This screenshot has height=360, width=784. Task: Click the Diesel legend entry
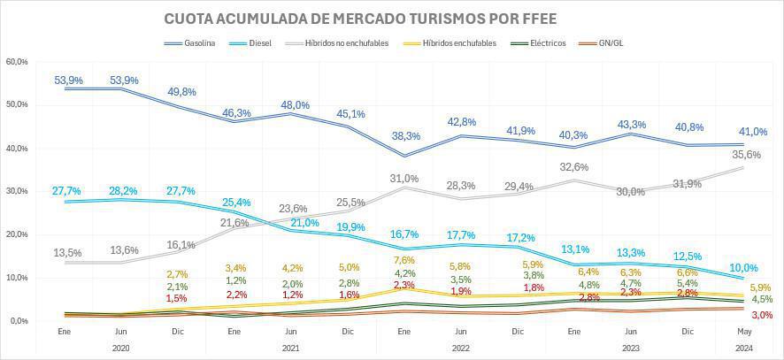[258, 42]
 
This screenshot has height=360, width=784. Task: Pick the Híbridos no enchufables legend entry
[346, 42]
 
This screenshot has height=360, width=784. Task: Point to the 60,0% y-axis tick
[17, 61]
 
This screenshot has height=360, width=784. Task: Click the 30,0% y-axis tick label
[17, 191]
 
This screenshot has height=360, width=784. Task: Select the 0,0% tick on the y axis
[19, 320]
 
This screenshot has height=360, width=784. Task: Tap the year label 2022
[460, 349]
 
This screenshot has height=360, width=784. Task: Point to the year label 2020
[121, 349]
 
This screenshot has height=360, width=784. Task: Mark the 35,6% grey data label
[747, 154]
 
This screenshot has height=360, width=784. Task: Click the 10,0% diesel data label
[742, 268]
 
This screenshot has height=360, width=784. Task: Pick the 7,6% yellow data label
[404, 260]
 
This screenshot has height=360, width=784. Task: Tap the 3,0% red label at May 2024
[762, 315]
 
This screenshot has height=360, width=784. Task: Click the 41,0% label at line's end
[753, 133]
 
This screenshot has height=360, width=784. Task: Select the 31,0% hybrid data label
[404, 179]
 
